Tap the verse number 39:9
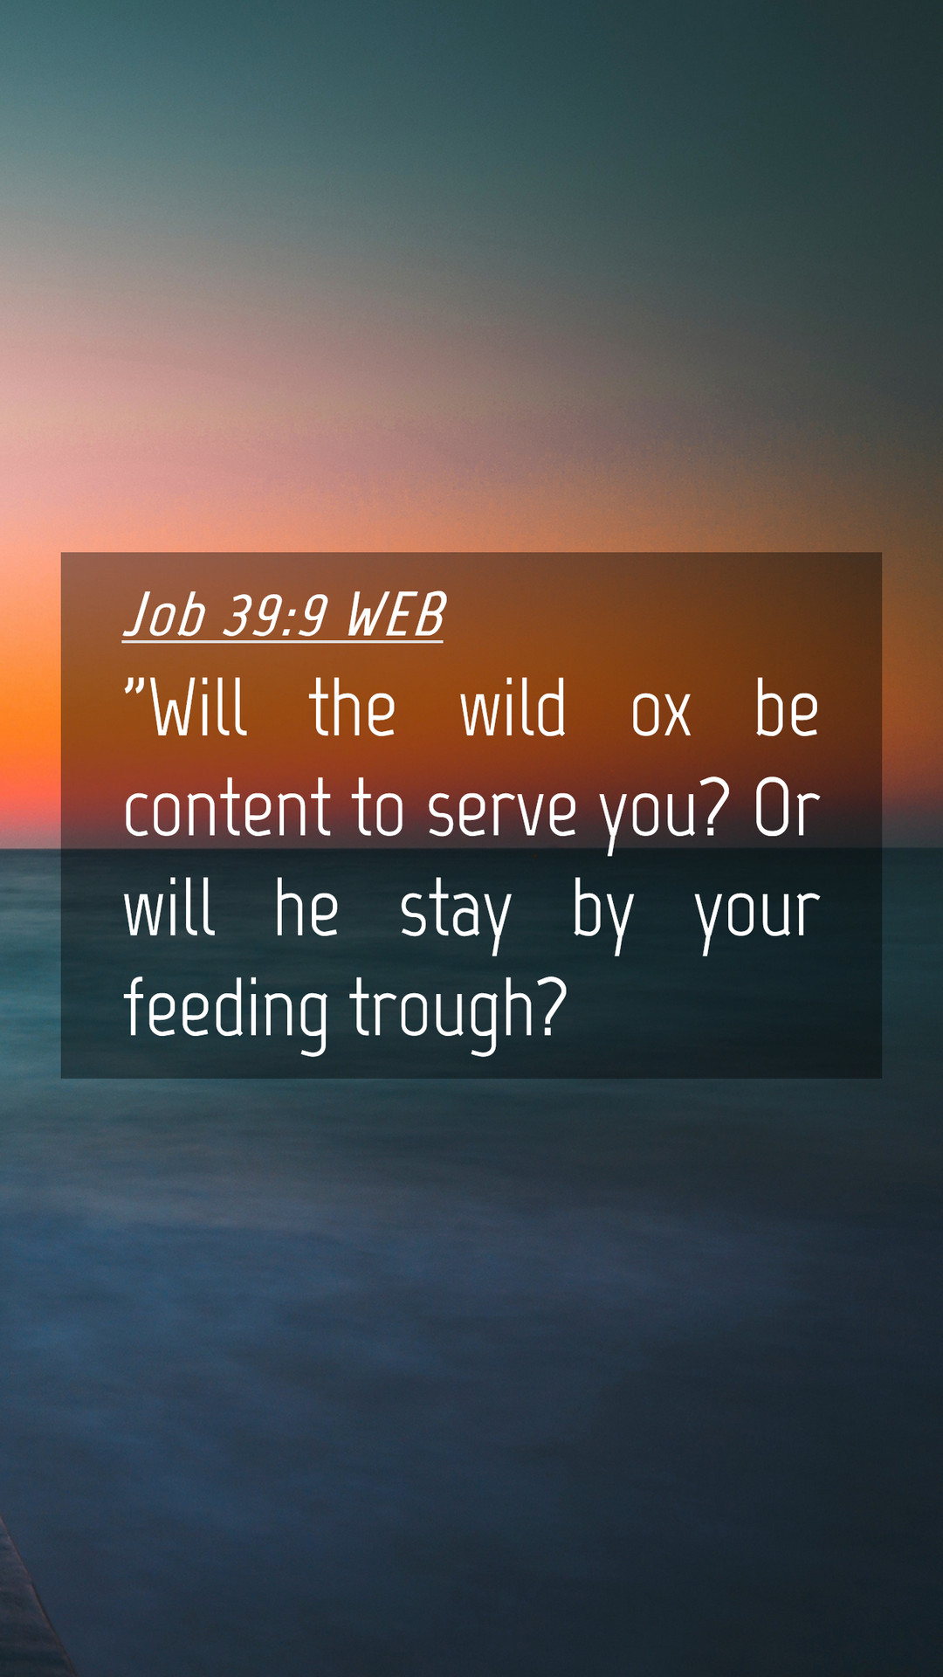coord(274,615)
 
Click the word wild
coord(513,707)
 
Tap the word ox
coord(661,714)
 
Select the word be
coord(786,707)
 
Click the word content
coord(227,809)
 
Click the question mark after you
coord(715,807)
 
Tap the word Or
coord(787,809)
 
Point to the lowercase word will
coord(169,908)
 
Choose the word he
coord(306,908)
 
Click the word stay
coord(455,918)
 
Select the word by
coord(602,916)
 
